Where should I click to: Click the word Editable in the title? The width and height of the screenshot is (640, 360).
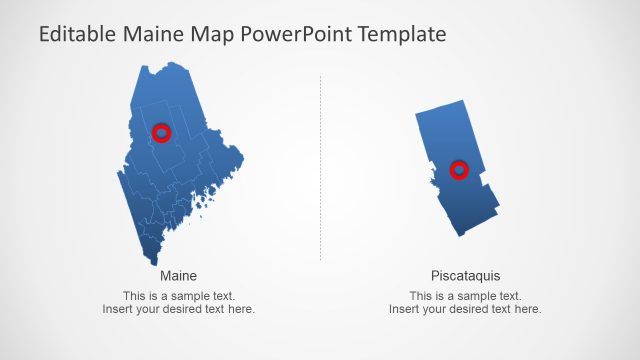(77, 35)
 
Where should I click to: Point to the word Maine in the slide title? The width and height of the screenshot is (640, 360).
(155, 35)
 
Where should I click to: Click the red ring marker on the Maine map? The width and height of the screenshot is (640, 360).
(161, 132)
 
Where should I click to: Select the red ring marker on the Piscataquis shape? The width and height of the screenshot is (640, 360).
(459, 170)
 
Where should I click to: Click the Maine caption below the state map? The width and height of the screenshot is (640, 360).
(178, 275)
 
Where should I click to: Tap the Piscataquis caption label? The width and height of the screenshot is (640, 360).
(465, 275)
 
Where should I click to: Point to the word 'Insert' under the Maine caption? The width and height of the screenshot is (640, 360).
(116, 310)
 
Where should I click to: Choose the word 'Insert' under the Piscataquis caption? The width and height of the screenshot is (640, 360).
(403, 310)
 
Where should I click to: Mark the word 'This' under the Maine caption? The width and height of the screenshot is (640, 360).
(134, 296)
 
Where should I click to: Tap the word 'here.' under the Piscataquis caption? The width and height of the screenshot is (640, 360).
(528, 310)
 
